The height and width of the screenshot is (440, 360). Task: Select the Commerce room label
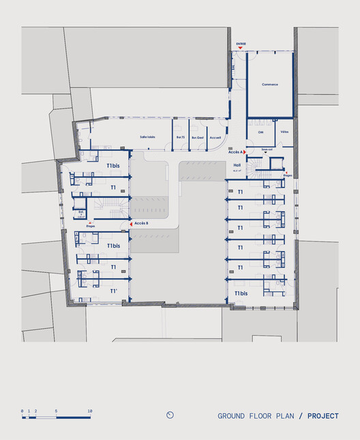tap(270, 85)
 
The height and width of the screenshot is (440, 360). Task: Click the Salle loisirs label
tap(147, 137)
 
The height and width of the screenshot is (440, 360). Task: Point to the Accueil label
tap(215, 137)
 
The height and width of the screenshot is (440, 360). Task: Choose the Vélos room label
tap(284, 132)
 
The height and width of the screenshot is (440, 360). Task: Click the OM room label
tap(260, 132)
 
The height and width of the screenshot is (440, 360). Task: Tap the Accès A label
tap(235, 153)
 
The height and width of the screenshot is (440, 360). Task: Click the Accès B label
tap(141, 223)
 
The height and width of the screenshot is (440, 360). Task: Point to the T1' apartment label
tap(113, 290)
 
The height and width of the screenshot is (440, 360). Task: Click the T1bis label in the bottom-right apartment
tap(241, 293)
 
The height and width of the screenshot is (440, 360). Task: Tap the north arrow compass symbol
tap(170, 415)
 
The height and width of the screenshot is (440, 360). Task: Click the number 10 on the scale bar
tap(89, 410)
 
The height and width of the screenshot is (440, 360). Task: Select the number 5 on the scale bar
tap(57, 410)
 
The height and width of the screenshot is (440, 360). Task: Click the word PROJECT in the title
tap(322, 415)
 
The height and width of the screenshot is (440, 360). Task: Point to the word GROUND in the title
tap(232, 415)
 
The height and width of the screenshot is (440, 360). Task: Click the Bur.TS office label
tap(181, 137)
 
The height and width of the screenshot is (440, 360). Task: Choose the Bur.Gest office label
tap(198, 137)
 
